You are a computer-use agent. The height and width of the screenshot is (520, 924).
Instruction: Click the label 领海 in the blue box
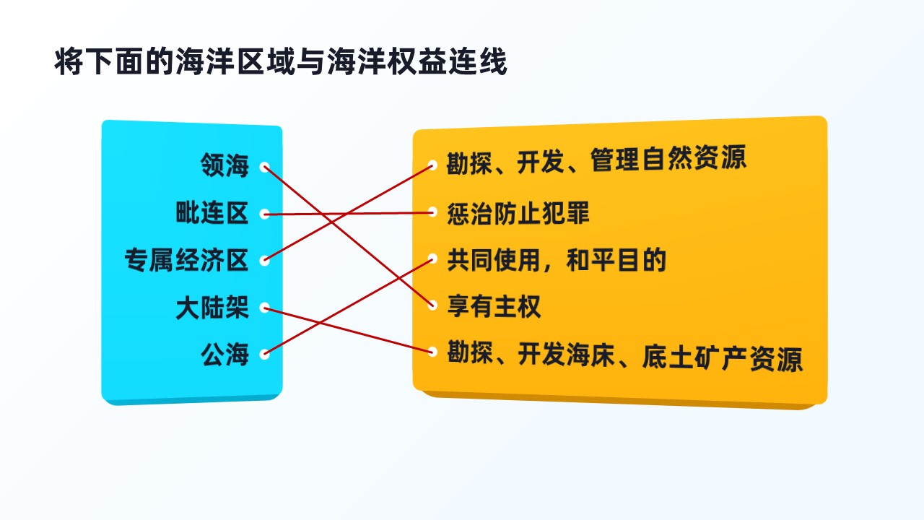point(225,165)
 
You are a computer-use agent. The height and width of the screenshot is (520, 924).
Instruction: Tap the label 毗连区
point(212,213)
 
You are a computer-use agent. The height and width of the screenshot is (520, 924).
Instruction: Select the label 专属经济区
point(186,260)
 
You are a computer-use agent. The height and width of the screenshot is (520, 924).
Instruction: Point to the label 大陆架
point(212,308)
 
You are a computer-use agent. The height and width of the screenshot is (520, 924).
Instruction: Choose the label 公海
point(225,355)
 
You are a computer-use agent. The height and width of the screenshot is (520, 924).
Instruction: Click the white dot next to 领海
point(264,167)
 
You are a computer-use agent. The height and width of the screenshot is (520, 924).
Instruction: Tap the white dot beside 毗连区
point(264,214)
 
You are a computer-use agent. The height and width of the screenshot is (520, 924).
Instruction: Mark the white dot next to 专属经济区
point(264,261)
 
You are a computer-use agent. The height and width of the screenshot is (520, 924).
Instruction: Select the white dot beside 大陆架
point(264,308)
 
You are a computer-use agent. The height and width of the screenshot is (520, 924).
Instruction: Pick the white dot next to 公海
point(264,354)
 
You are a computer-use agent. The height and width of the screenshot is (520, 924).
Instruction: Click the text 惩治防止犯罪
point(518,213)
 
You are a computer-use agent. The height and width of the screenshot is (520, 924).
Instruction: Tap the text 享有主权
point(494,306)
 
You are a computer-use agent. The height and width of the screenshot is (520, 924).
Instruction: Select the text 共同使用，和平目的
point(557,259)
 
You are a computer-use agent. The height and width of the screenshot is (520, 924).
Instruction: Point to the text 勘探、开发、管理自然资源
point(596,160)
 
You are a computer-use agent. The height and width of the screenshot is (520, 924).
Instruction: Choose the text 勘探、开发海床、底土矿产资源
point(625,356)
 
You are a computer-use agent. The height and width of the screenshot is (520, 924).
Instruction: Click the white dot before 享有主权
point(432,305)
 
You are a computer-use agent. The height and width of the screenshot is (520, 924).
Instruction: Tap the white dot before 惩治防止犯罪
point(432,212)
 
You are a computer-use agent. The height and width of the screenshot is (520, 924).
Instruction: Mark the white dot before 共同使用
point(432,259)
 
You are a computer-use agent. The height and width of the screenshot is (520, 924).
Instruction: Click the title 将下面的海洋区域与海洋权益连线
point(281,62)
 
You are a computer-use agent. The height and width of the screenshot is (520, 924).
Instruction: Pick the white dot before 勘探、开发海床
point(432,352)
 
